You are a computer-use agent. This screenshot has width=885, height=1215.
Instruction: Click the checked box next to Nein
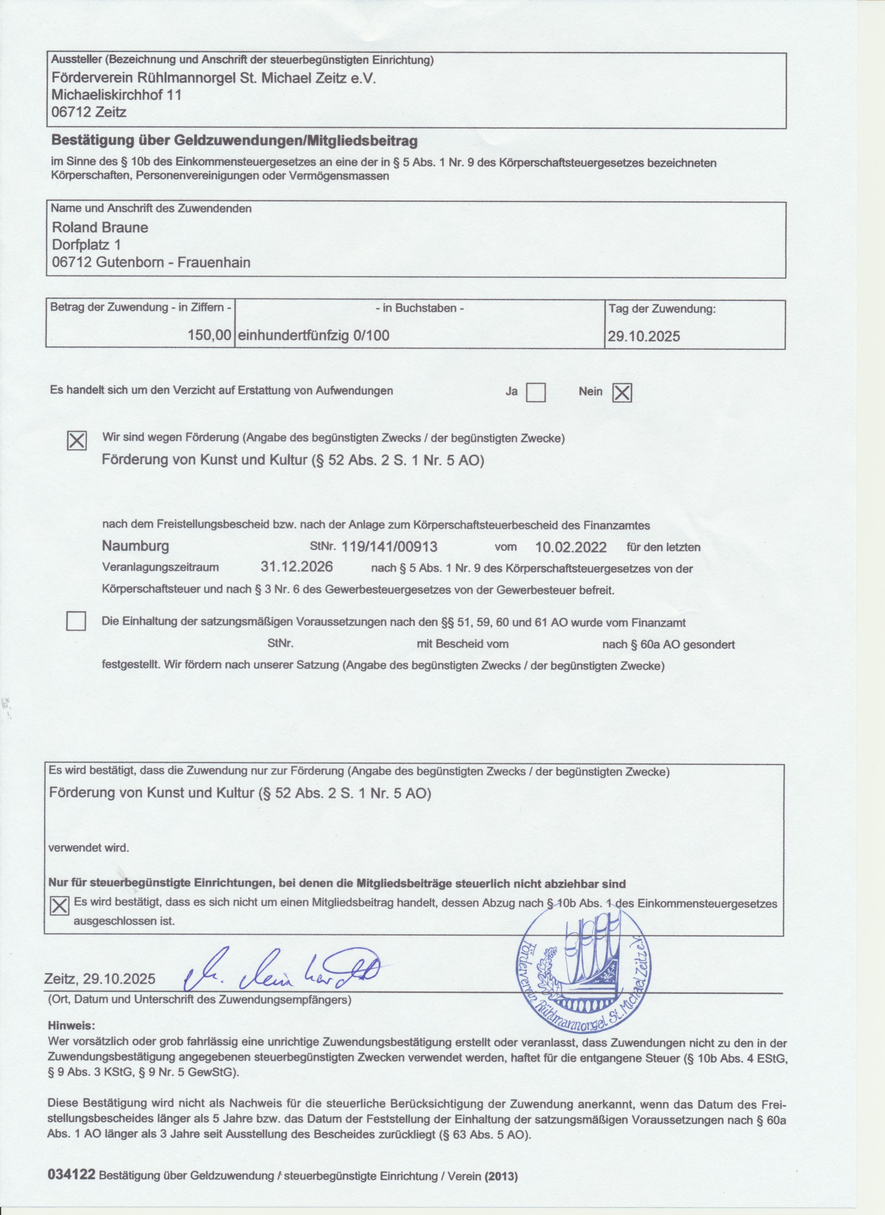622,393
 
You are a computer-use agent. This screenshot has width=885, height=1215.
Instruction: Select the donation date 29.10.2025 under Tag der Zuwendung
643,336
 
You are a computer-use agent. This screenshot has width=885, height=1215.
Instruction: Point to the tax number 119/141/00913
389,547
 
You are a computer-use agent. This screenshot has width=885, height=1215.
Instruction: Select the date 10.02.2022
571,547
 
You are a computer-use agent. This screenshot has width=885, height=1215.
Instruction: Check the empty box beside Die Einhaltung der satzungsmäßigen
76,622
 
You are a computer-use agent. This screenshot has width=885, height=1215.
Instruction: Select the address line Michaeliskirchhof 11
117,95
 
